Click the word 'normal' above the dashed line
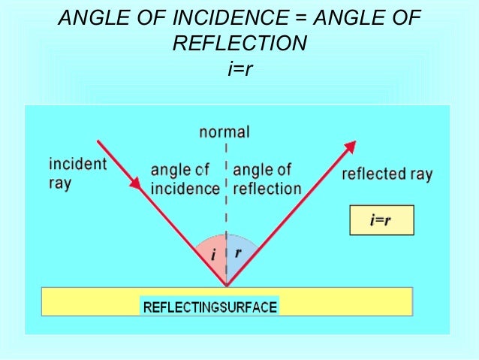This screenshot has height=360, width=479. (224, 132)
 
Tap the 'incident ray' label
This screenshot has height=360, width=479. (77, 173)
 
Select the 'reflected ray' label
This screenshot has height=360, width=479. (387, 174)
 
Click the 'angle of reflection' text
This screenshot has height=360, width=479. (267, 179)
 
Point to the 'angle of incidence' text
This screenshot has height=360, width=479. (185, 180)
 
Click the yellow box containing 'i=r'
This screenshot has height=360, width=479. (381, 220)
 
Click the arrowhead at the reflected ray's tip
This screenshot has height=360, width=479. (351, 147)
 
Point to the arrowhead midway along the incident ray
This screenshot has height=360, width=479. (136, 183)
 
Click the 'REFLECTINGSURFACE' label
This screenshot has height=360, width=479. (209, 307)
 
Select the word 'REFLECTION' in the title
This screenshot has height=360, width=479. (239, 44)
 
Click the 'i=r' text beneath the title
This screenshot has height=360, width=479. (239, 70)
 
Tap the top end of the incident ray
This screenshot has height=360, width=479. (98, 141)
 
